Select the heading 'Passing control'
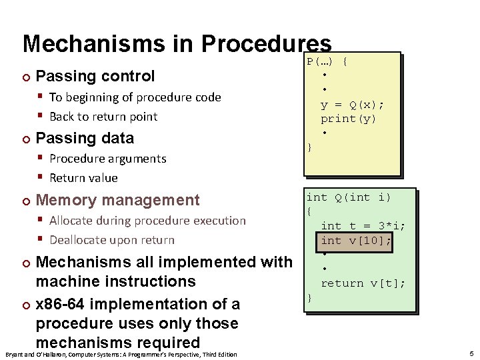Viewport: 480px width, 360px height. (x=95, y=76)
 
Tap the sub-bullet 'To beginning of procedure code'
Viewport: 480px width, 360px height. (x=135, y=97)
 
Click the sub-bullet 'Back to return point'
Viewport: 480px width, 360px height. (x=103, y=117)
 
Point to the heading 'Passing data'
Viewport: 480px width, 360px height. (x=85, y=138)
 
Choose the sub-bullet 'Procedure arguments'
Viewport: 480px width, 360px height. (x=107, y=159)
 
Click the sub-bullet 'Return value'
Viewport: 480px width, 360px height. (x=83, y=178)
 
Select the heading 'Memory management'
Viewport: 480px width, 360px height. (x=117, y=200)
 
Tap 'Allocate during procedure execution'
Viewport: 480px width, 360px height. (x=147, y=221)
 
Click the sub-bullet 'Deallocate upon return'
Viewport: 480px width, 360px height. (x=111, y=240)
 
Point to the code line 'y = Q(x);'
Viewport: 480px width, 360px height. (x=352, y=105)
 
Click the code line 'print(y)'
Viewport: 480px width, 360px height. (x=348, y=119)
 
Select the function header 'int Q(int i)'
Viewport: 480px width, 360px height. (x=348, y=197)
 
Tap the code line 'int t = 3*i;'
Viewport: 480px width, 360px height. (x=363, y=226)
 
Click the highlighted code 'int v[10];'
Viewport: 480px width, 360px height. (x=356, y=241)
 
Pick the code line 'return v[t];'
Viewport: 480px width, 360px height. (x=363, y=283)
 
